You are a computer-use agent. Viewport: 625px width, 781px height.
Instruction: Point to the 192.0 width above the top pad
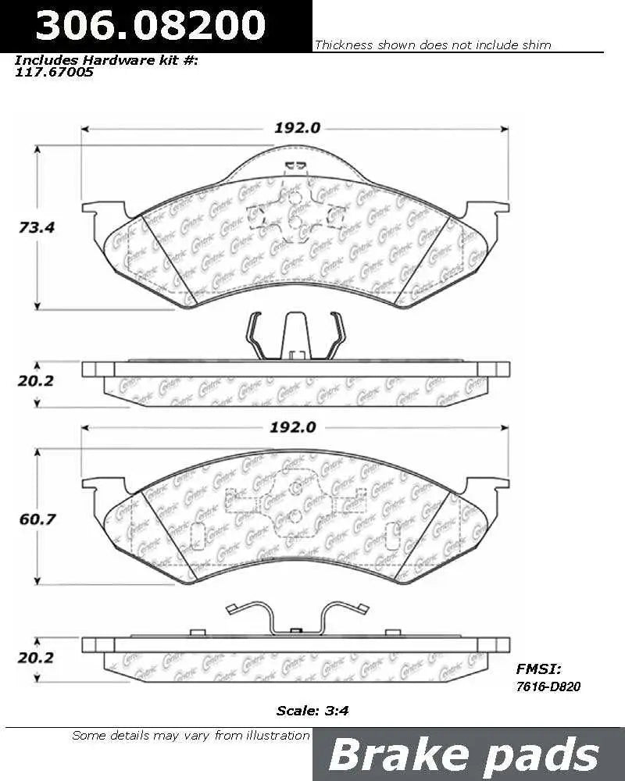click(x=296, y=129)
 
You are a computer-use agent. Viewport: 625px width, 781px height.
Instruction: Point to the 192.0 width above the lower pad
click(x=296, y=427)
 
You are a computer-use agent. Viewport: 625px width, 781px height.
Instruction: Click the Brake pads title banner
click(x=464, y=755)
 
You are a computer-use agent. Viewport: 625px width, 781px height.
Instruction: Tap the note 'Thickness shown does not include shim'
click(x=432, y=45)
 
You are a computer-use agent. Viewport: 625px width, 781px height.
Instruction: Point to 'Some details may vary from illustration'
click(x=191, y=735)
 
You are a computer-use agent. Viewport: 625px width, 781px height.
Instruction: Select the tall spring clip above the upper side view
click(x=295, y=337)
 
